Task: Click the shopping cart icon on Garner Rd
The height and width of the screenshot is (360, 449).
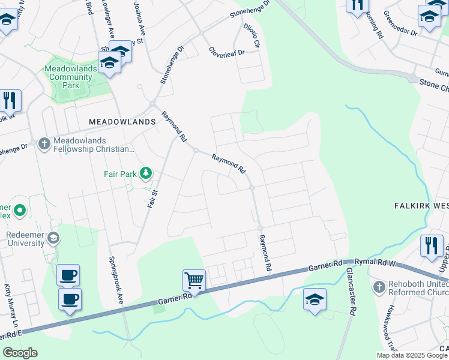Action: point(194,280)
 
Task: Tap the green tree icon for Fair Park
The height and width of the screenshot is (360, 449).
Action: point(145,174)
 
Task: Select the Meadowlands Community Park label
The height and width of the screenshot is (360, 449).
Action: point(70,77)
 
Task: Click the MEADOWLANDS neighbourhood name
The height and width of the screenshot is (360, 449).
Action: point(122,121)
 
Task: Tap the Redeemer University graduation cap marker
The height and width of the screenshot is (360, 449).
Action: point(53,238)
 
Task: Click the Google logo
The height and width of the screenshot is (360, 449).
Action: point(20,353)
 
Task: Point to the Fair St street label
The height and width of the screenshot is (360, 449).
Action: point(152,199)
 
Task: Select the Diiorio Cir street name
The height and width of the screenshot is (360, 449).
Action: point(252,35)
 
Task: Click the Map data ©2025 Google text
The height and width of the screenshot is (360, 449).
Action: point(412,355)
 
